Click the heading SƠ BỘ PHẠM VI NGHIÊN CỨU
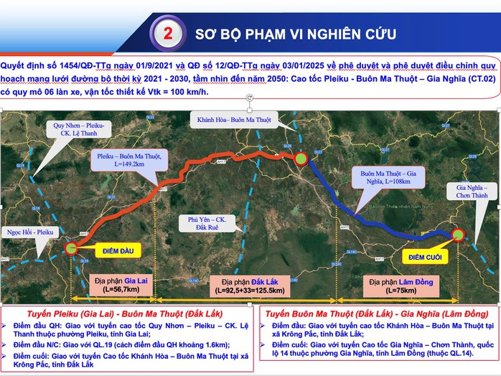click(x=294, y=34)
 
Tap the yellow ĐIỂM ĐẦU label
click(x=111, y=250)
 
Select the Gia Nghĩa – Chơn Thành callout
click(x=471, y=191)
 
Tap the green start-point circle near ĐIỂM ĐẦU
click(x=72, y=248)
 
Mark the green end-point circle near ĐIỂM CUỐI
click(x=456, y=234)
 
